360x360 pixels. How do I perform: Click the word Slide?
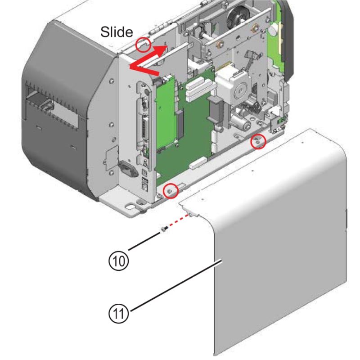coord(117,31)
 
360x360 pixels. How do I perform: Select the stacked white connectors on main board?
coord(197,90)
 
